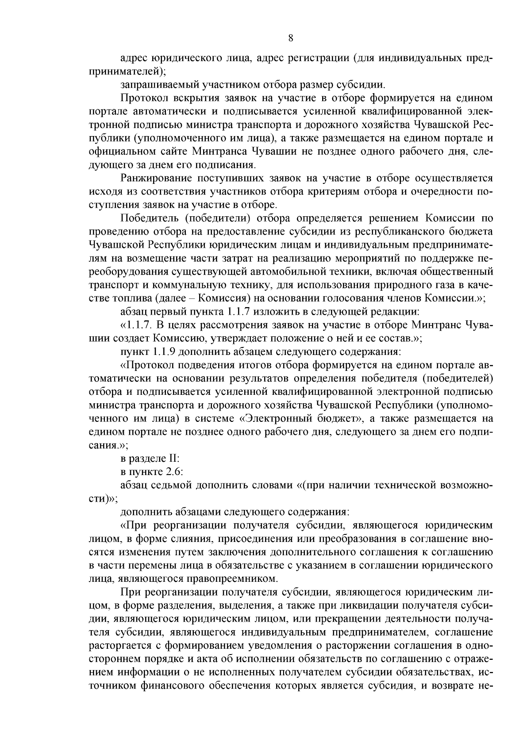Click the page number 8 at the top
click(291, 38)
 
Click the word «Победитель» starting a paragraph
click(149, 218)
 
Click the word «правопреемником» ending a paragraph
click(241, 579)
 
